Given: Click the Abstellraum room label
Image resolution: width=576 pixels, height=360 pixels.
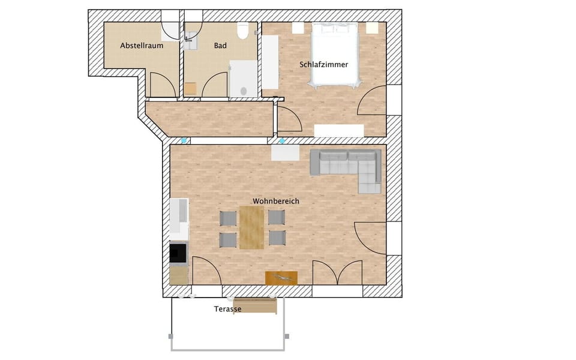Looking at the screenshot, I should (142, 46).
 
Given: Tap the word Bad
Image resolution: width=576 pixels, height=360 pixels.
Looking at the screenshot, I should (220, 46).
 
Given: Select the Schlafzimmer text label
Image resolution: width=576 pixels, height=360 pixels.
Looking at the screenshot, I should (323, 64).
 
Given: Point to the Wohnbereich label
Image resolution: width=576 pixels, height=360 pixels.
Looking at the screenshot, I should (275, 201).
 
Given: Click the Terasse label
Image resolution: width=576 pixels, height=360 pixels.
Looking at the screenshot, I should (227, 309).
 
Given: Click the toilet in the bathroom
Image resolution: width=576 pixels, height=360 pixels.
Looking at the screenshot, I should (243, 31).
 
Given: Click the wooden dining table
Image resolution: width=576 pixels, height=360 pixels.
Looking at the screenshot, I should (251, 227).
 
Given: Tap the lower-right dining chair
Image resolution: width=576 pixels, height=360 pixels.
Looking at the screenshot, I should (276, 238).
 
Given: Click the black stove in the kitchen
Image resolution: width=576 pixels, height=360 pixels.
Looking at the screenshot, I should (178, 253).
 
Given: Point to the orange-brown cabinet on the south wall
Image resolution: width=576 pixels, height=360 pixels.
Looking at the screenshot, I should (281, 278).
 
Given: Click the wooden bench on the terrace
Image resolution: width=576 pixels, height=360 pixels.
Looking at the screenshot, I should (255, 306).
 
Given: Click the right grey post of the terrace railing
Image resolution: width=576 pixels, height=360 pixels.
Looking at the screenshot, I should (286, 336).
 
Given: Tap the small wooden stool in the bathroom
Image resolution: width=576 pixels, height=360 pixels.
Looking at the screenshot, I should (190, 88).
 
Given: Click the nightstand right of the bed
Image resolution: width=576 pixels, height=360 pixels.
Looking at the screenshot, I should (372, 28).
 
